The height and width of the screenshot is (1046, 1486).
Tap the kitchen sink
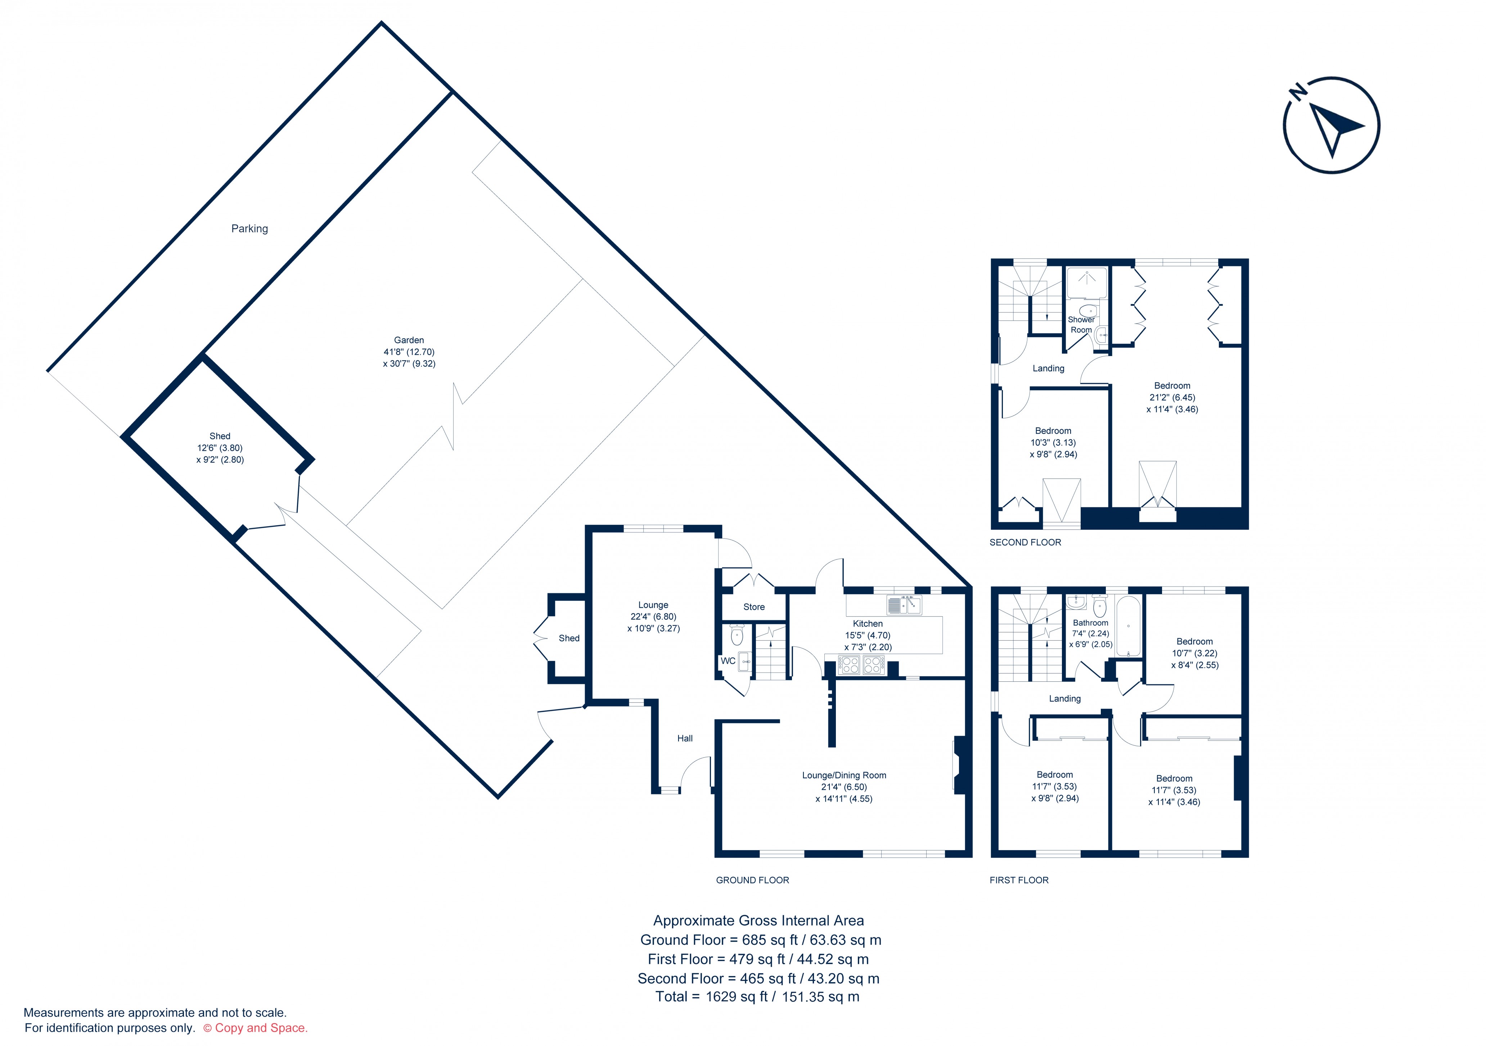point(904,605)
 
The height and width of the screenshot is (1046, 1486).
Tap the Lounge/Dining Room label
point(844,775)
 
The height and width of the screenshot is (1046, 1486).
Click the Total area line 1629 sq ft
point(757,997)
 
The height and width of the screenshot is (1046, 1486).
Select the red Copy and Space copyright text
point(256,1028)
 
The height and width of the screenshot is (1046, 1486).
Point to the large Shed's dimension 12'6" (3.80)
point(220,448)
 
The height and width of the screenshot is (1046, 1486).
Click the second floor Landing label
point(1048,368)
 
